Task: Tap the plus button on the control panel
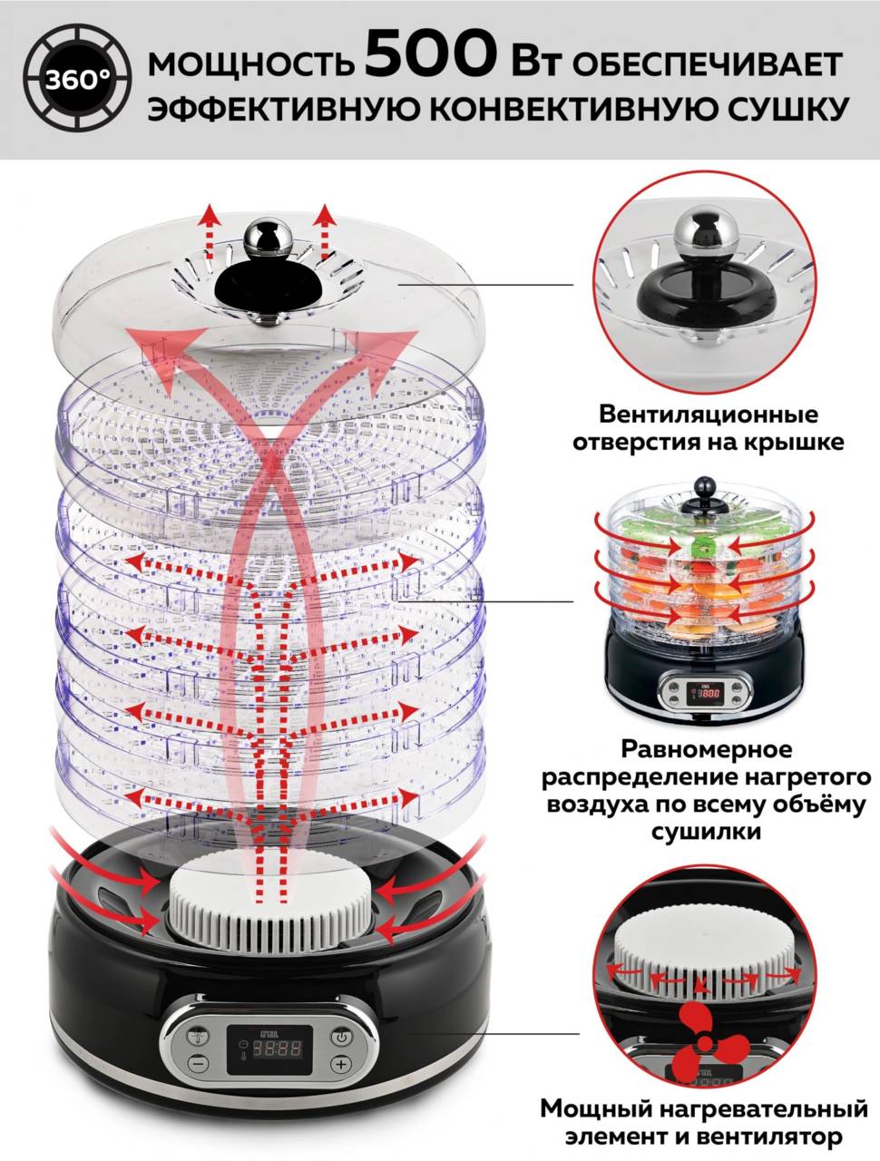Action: (339, 1064)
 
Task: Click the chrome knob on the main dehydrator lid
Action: (268, 238)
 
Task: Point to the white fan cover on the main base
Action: (269, 908)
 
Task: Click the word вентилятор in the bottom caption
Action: (778, 1136)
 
